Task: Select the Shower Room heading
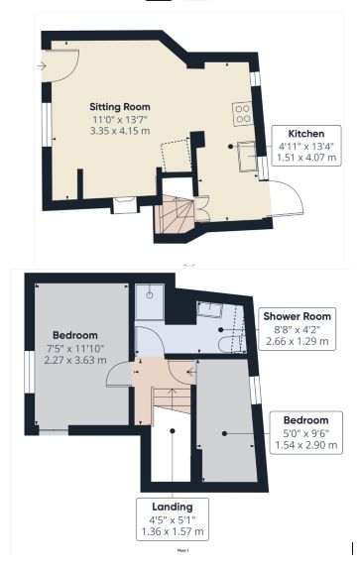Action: click(298, 315)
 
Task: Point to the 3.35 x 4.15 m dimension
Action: click(120, 130)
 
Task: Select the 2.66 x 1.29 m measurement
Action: click(298, 339)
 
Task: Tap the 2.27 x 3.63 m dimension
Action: click(73, 361)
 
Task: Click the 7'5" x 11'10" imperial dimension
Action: click(74, 348)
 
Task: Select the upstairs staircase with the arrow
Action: click(170, 416)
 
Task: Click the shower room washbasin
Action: click(210, 308)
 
